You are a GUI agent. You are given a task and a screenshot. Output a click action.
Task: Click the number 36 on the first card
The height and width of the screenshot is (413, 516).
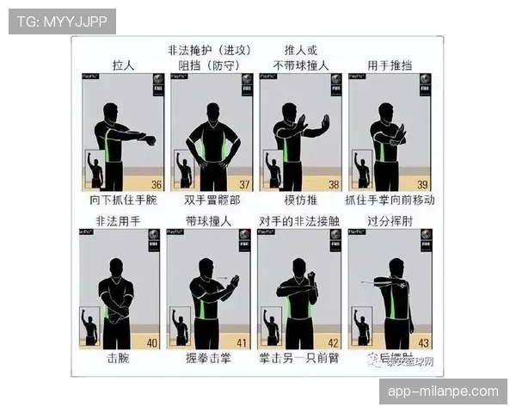pyautogui.click(x=156, y=184)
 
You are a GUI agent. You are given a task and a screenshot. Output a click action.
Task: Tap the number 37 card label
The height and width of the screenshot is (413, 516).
pyautogui.click(x=244, y=184)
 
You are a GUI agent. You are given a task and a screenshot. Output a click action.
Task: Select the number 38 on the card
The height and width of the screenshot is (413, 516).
pyautogui.click(x=334, y=184)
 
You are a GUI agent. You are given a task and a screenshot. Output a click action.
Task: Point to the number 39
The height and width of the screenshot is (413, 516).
pyautogui.click(x=423, y=184)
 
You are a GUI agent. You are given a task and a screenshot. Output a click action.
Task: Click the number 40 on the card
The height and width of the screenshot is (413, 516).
pyautogui.click(x=152, y=342)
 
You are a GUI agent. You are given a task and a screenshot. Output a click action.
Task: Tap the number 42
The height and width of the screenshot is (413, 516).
pyautogui.click(x=334, y=342)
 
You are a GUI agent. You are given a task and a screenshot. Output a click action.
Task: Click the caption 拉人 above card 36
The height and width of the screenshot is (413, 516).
pyautogui.click(x=126, y=65)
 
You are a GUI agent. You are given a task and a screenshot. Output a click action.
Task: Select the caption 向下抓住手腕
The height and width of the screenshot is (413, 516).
pyautogui.click(x=124, y=200)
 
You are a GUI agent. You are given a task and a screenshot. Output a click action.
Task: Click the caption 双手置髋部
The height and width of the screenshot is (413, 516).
pyautogui.click(x=212, y=200)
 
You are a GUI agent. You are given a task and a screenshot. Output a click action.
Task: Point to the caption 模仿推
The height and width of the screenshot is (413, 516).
pyautogui.click(x=300, y=200)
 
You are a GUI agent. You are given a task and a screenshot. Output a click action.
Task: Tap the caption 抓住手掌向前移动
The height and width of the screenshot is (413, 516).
pyautogui.click(x=390, y=200)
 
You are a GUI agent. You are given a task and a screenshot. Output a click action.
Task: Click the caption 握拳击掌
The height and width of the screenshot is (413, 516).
pyautogui.click(x=209, y=359)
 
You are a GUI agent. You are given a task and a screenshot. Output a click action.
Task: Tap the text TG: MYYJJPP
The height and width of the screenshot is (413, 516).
pyautogui.click(x=62, y=21)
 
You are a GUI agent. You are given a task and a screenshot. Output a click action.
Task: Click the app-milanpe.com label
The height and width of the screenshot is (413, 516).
pyautogui.click(x=443, y=391)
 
